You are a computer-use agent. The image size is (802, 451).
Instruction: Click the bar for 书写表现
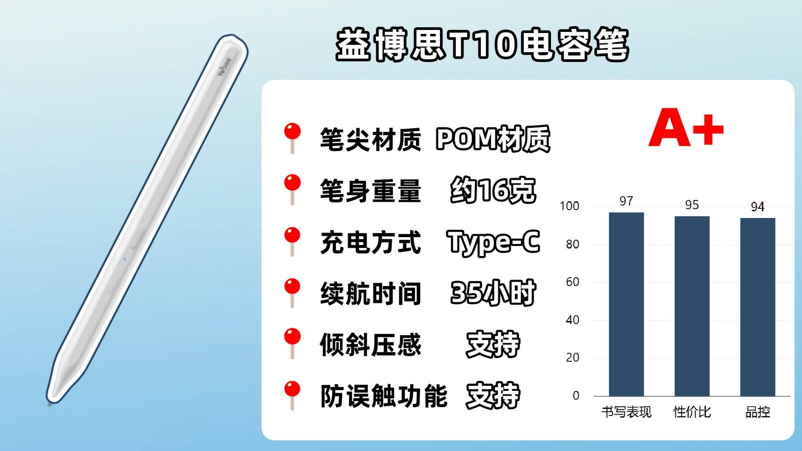(x=626, y=304)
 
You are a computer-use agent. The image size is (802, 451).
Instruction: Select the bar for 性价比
(x=692, y=306)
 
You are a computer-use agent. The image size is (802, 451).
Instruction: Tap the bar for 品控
(x=758, y=307)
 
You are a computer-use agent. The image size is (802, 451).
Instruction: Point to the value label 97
(x=626, y=201)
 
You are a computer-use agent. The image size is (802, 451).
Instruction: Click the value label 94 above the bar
(x=758, y=207)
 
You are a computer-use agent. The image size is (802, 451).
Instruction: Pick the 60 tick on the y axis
(x=573, y=282)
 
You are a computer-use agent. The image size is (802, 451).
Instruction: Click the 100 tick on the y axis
(x=569, y=206)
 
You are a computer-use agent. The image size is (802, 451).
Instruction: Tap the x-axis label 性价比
(x=692, y=412)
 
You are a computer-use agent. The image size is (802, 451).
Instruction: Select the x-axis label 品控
(x=758, y=412)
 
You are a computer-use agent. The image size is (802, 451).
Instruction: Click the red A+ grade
(x=686, y=128)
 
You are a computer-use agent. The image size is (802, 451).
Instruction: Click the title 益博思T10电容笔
(x=482, y=45)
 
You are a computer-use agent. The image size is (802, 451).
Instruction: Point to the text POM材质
(x=493, y=139)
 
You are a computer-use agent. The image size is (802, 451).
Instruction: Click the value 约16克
(x=493, y=190)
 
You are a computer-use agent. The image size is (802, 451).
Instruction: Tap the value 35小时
(x=493, y=293)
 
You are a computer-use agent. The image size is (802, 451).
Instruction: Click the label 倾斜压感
(x=371, y=345)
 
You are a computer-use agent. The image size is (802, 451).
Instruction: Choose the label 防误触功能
(x=384, y=396)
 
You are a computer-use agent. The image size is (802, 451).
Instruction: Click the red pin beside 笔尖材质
(x=292, y=138)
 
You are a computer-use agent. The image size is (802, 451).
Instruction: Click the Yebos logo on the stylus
(x=224, y=67)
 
